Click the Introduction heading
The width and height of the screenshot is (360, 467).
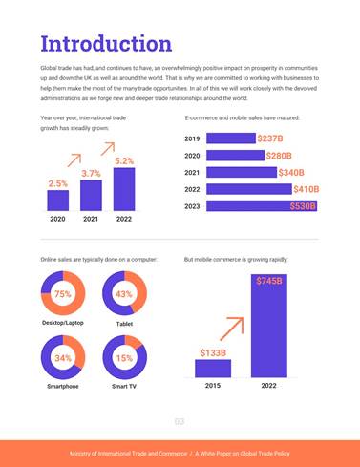click(106, 44)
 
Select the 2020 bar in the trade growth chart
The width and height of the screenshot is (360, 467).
click(57, 200)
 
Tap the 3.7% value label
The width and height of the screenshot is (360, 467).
click(91, 173)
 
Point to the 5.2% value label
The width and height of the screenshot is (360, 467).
click(123, 161)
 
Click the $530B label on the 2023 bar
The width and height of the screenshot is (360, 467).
click(303, 206)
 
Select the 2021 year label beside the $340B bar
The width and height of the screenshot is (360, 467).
click(191, 173)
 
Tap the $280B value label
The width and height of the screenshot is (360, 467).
click(279, 156)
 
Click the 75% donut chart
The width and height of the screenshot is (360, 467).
click(63, 294)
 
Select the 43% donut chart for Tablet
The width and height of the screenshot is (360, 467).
click(123, 294)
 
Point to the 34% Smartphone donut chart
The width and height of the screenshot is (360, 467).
click(63, 358)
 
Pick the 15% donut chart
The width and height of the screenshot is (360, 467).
click(123, 358)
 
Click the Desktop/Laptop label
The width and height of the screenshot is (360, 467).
click(63, 323)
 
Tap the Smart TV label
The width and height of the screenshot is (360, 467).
click(123, 387)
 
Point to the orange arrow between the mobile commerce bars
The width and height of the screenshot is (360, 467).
click(232, 329)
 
